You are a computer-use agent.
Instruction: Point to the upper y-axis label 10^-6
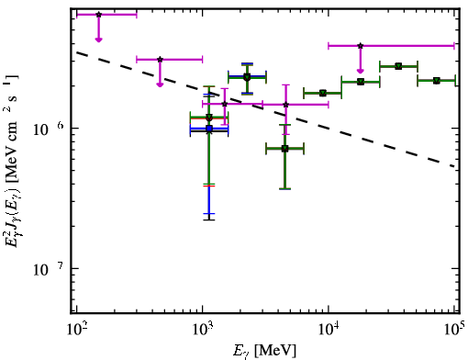[x=49, y=129]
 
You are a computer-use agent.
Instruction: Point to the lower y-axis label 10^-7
[x=49, y=269]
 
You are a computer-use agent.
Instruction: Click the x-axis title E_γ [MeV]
[x=264, y=351]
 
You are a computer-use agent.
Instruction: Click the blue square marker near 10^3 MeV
[x=209, y=129]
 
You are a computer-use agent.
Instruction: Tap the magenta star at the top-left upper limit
[x=98, y=15]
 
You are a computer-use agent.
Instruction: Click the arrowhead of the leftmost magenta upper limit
[x=98, y=39]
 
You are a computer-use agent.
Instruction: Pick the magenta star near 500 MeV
[x=160, y=60]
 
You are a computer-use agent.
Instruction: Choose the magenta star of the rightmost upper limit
[x=361, y=46]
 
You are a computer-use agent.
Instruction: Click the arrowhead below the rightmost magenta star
[x=361, y=72]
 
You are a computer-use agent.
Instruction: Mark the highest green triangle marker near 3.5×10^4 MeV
[x=398, y=66]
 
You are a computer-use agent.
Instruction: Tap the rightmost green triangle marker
[x=437, y=81]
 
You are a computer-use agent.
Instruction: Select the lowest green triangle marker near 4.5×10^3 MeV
[x=284, y=149]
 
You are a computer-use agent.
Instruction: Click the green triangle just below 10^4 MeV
[x=323, y=93]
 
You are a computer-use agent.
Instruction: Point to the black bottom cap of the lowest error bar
[x=209, y=219]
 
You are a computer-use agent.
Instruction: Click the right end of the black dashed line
[x=454, y=166]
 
